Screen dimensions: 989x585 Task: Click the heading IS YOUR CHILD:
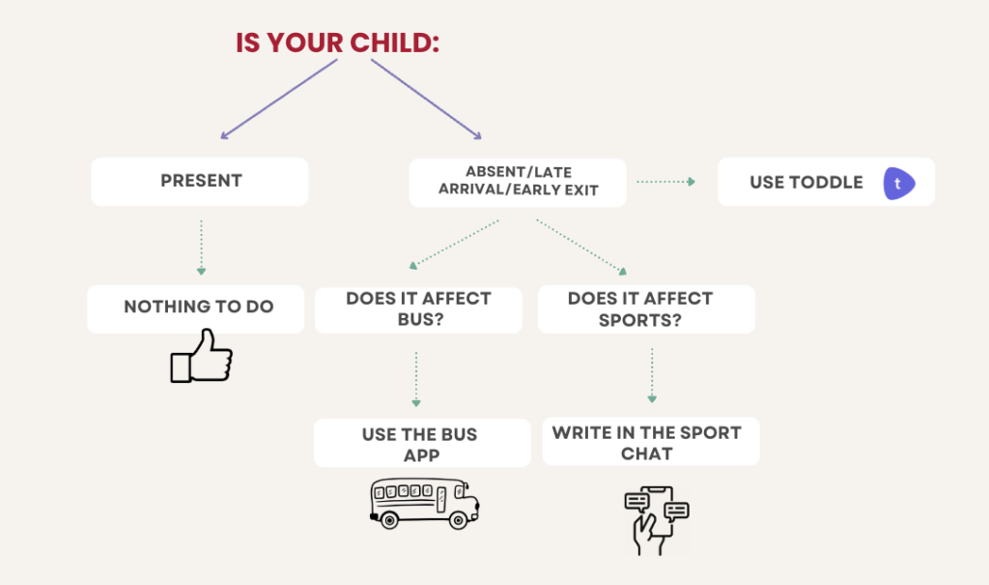point(337,43)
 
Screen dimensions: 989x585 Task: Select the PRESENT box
point(200,182)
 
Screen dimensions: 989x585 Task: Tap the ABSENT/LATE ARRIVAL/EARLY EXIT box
point(518,182)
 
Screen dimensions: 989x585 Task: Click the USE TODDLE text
point(806,183)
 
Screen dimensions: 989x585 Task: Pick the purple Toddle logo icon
point(899,183)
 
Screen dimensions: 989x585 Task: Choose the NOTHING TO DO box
point(195,308)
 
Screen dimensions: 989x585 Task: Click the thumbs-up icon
point(201,356)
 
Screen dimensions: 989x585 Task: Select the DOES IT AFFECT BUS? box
point(419,309)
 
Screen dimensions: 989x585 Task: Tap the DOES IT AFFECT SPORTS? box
point(646,308)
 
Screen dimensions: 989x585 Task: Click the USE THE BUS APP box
point(423,443)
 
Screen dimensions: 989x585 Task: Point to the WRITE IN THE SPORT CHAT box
point(651,441)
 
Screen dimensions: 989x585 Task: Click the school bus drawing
point(425,504)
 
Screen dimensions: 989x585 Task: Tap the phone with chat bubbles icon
point(657,520)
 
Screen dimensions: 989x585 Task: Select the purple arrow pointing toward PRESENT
point(279,100)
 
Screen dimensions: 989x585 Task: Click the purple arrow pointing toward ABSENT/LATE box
point(426,100)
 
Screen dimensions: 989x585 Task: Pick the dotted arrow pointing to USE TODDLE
point(666,182)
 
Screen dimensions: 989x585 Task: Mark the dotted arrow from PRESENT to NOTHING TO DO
point(201,248)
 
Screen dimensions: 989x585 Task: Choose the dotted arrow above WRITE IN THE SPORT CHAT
point(652,375)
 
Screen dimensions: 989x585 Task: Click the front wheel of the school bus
point(458,520)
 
